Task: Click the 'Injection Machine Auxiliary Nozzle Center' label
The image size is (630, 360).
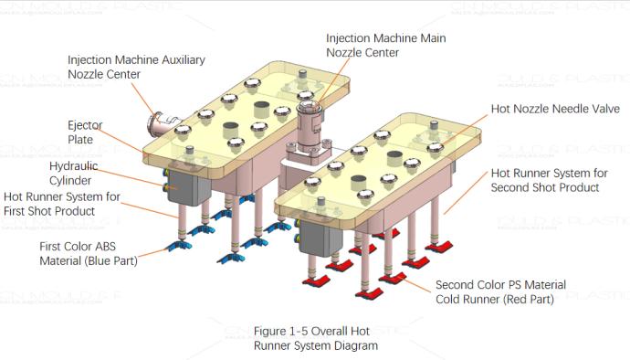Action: coord(136,67)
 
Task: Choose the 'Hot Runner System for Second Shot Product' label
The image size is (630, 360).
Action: coord(545,180)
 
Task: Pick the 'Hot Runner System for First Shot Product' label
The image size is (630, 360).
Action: coord(63,203)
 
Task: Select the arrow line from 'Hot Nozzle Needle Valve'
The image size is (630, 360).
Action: coord(470,120)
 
